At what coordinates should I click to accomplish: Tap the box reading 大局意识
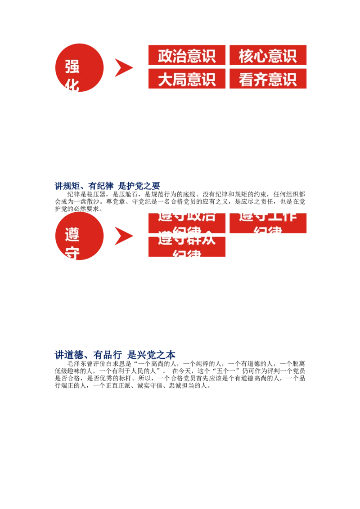tap(187, 79)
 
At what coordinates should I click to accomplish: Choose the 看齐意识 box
tap(268, 79)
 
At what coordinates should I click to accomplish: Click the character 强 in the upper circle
tap(72, 67)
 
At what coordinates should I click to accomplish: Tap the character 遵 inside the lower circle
tap(72, 235)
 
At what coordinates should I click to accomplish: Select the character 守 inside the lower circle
tap(72, 253)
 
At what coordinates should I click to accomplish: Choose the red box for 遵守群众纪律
tap(187, 247)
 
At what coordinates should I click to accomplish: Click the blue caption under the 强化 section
tap(108, 185)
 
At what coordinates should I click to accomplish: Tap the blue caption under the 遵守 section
tap(115, 355)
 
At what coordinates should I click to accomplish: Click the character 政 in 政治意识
tap(165, 56)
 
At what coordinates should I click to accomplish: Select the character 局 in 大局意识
tap(180, 79)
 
